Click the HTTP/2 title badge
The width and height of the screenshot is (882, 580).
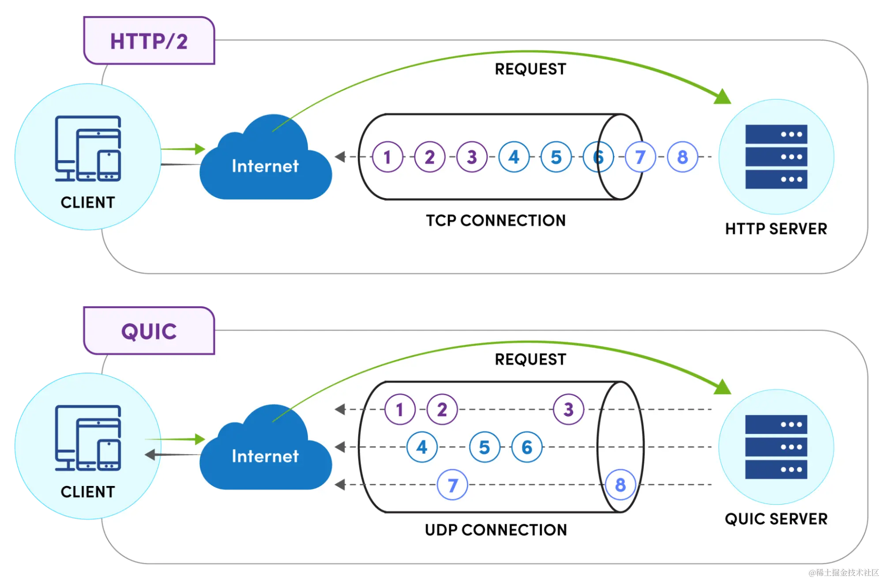(x=149, y=41)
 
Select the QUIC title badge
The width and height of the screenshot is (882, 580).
(x=149, y=331)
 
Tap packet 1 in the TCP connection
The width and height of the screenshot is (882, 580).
(x=387, y=157)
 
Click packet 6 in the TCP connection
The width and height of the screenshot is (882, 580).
(x=598, y=157)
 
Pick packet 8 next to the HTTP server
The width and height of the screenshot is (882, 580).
(x=682, y=157)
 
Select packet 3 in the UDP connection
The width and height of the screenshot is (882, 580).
(x=568, y=410)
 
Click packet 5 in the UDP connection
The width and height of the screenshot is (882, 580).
(x=484, y=447)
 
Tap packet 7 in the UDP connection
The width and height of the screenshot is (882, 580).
(x=452, y=485)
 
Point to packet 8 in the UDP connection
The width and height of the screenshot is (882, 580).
(x=620, y=485)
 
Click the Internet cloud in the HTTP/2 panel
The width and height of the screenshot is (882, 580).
(x=265, y=166)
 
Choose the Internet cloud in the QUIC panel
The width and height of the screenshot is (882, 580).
(x=265, y=456)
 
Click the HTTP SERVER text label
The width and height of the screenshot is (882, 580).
(x=776, y=229)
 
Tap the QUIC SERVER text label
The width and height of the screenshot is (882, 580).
(x=776, y=519)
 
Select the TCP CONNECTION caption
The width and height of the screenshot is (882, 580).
(x=495, y=220)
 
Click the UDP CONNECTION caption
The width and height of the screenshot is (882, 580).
(x=495, y=530)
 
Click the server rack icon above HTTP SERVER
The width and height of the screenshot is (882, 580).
(x=776, y=157)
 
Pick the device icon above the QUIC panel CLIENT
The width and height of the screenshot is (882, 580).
(x=88, y=438)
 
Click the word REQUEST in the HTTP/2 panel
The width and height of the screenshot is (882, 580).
(x=530, y=69)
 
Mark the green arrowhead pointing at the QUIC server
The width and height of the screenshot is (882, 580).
(x=722, y=387)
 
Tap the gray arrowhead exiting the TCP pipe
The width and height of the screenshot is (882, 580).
(x=340, y=157)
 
